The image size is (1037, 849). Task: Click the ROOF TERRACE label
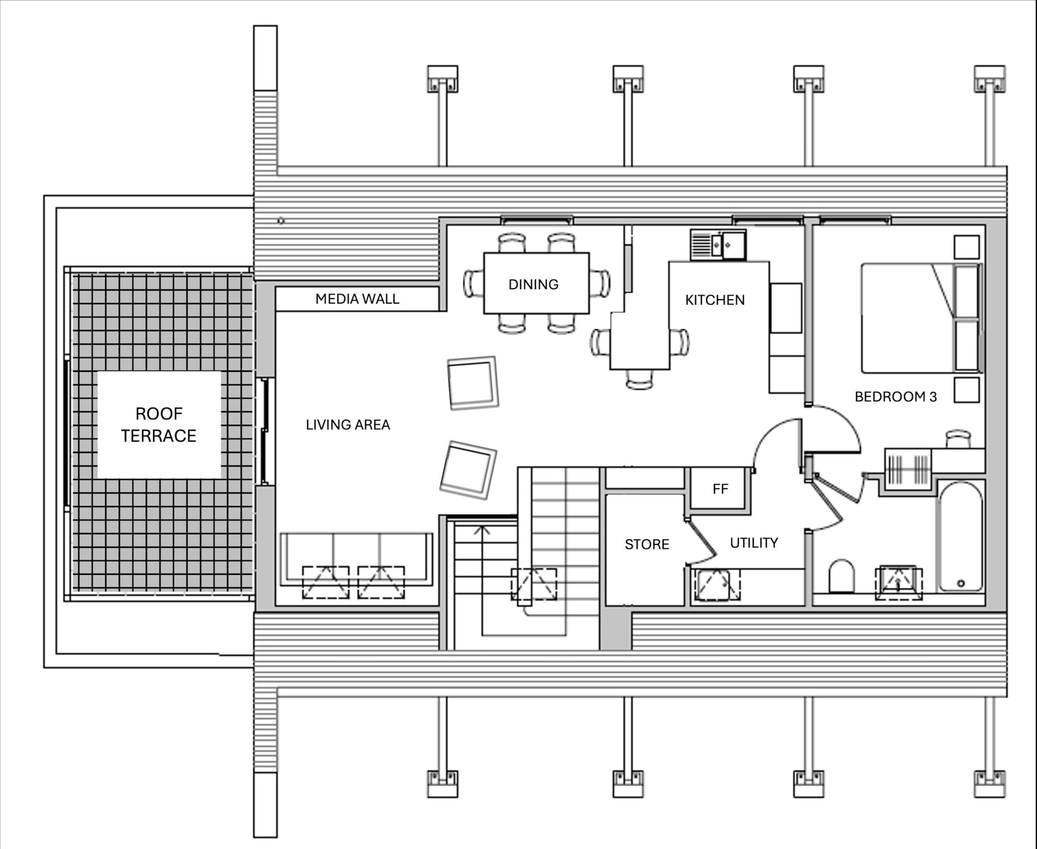159,425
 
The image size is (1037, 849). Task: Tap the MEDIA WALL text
357,299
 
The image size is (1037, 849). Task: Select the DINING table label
533,285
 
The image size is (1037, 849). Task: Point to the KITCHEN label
715,300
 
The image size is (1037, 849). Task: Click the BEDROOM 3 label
895,397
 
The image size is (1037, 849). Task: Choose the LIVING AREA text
348,425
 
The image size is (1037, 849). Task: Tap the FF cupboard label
720,489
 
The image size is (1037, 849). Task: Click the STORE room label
647,544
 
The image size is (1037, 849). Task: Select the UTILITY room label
754,543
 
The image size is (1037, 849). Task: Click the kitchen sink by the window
718,245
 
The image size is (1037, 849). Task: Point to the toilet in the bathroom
842,576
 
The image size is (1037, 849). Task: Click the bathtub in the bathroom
961,536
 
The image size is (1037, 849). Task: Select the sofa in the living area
356,559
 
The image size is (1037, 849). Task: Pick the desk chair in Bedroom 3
958,439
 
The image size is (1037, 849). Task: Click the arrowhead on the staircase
482,529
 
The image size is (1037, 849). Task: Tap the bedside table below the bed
967,390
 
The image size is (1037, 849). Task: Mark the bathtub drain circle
961,583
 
